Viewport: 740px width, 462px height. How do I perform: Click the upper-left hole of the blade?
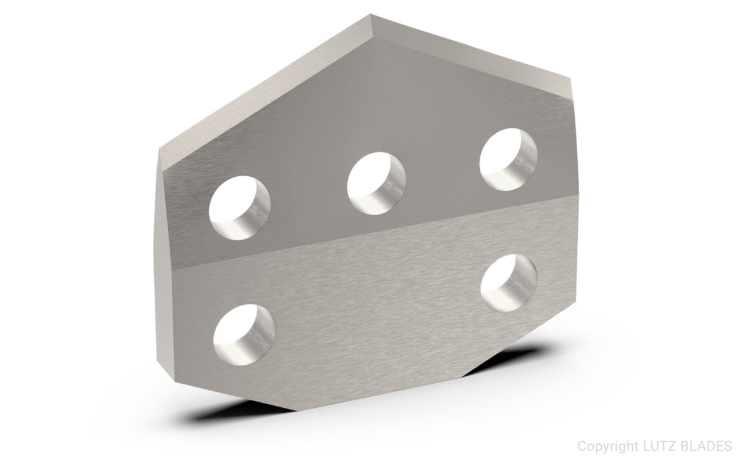pos(240,208)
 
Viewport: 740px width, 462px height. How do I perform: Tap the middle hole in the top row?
pos(376,184)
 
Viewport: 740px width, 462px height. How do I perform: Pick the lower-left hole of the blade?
pos(244,333)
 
